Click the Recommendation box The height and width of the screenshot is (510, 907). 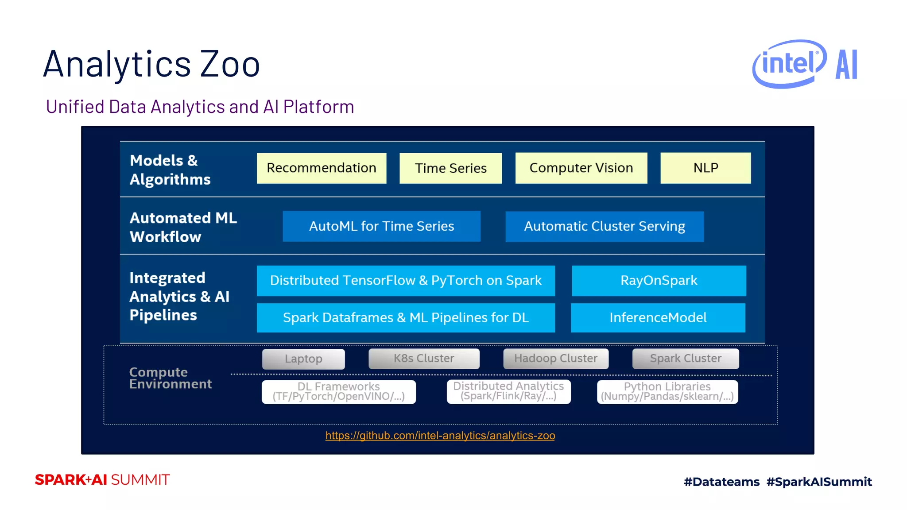[322, 168]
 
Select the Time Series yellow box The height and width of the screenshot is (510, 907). [450, 168]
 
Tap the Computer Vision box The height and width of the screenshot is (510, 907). [581, 168]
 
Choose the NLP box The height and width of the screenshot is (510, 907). [705, 168]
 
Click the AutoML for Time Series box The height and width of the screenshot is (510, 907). [381, 226]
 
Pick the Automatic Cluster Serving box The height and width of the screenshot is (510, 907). [604, 226]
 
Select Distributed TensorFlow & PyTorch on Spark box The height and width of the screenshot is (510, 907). [406, 281]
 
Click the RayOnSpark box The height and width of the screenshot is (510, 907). [659, 281]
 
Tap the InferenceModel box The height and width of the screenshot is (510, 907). [658, 317]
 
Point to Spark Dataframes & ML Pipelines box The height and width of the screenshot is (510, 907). [406, 317]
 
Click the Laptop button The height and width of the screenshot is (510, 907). [303, 359]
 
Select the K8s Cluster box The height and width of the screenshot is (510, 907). [424, 359]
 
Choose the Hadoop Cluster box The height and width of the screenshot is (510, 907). [555, 359]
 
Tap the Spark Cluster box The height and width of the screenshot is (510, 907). [685, 359]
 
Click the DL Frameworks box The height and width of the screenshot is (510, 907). [338, 392]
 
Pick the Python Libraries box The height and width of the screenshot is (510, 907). [667, 392]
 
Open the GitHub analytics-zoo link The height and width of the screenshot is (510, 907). [440, 436]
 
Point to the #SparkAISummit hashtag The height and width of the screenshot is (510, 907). [819, 482]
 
